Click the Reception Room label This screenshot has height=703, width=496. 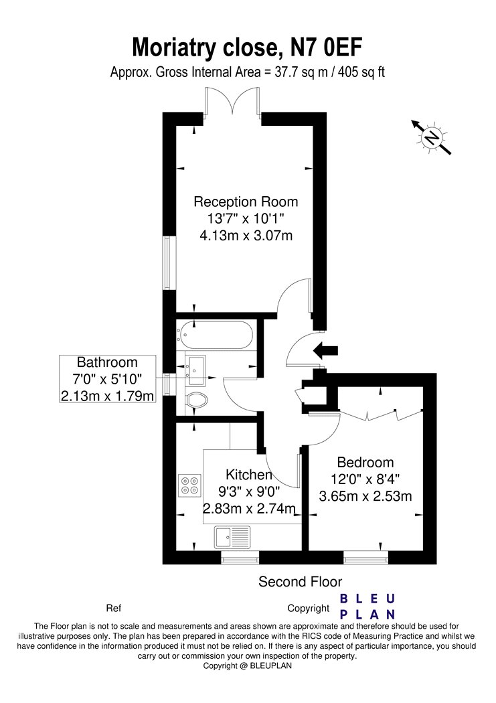246,202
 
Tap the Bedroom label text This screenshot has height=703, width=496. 365,462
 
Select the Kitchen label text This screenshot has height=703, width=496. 249,474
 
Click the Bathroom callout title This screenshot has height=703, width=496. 107,362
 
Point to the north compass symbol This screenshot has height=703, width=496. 432,137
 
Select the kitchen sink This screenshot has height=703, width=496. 232,536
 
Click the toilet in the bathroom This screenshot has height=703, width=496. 196,400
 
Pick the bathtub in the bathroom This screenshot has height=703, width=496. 215,335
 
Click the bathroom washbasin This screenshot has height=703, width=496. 195,370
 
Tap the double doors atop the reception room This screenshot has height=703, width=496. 232,104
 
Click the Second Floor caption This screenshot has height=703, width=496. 300,582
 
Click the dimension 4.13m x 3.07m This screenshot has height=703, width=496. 246,236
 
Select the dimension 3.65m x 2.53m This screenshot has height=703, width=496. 365,496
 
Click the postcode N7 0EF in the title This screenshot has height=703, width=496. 327,48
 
